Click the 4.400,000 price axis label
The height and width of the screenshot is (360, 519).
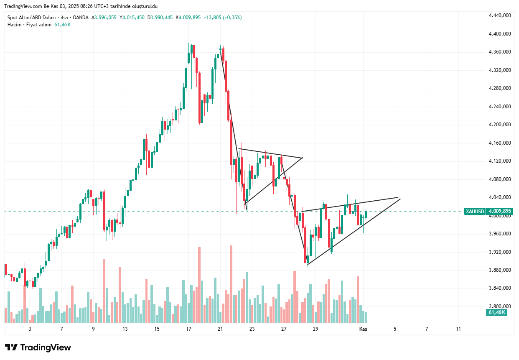pyautogui.click(x=500, y=34)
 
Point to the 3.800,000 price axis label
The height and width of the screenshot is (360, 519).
pyautogui.click(x=500, y=306)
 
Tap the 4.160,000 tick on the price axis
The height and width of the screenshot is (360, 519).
pyautogui.click(x=500, y=143)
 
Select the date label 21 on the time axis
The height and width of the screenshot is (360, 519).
pyautogui.click(x=220, y=329)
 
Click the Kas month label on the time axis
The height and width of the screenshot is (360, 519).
pyautogui.click(x=364, y=329)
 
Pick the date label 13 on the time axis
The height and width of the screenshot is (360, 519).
pyautogui.click(x=125, y=329)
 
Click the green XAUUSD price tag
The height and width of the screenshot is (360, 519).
pyautogui.click(x=475, y=212)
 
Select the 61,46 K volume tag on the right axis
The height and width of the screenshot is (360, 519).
pyautogui.click(x=497, y=312)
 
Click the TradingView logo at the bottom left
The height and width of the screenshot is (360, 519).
pyautogui.click(x=38, y=347)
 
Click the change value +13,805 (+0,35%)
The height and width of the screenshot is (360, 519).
pyautogui.click(x=222, y=18)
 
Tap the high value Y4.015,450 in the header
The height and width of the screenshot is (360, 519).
pyautogui.click(x=132, y=18)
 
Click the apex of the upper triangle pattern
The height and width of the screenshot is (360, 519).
pyautogui.click(x=302, y=158)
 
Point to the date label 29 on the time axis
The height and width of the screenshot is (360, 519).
pyautogui.click(x=315, y=329)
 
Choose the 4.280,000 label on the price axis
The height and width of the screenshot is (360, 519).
pyautogui.click(x=500, y=88)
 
